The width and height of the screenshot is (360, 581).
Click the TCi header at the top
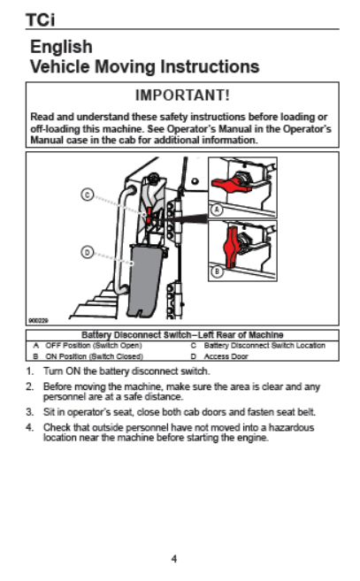click(x=40, y=20)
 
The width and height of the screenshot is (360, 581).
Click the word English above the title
click(x=61, y=47)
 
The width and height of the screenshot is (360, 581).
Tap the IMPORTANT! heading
click(x=182, y=96)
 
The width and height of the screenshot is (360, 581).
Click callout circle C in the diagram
click(x=88, y=195)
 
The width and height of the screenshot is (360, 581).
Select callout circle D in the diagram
click(x=88, y=253)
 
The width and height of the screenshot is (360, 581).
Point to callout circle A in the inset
click(x=217, y=210)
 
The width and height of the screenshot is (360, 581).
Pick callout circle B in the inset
click(x=217, y=271)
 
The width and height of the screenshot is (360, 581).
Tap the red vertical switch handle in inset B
click(x=232, y=247)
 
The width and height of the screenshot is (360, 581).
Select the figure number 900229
click(x=38, y=320)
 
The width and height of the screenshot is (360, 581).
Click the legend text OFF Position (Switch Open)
click(x=94, y=346)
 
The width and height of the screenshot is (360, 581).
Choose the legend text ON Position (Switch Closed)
click(x=94, y=356)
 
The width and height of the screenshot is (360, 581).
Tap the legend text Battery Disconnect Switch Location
click(x=264, y=346)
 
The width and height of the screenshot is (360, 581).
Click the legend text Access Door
click(x=226, y=356)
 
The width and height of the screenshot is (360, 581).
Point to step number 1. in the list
click(x=30, y=371)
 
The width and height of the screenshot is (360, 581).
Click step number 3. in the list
click(x=30, y=412)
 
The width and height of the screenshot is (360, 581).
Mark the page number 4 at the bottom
click(x=174, y=559)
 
